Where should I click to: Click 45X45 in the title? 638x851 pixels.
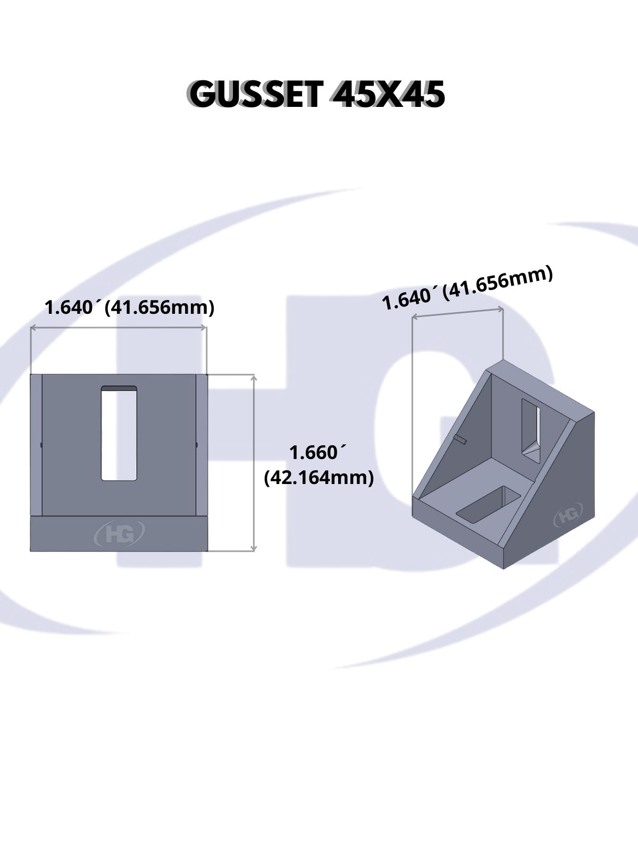click(x=389, y=95)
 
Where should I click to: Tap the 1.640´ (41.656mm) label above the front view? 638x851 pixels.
click(x=130, y=308)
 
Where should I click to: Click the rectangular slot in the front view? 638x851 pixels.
click(x=119, y=433)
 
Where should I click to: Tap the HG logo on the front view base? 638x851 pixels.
click(x=119, y=534)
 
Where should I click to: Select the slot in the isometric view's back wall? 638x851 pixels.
click(x=531, y=431)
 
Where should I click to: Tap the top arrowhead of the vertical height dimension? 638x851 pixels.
click(x=254, y=377)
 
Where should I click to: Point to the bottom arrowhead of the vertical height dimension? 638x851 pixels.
click(x=254, y=548)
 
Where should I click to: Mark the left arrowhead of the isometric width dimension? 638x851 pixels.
click(x=414, y=318)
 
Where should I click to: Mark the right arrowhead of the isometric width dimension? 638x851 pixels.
click(x=501, y=309)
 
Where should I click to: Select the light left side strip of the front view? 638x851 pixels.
click(x=36, y=445)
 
